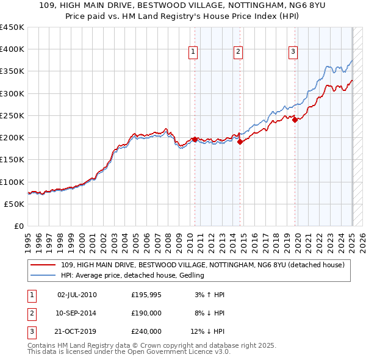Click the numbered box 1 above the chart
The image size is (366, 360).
click(193, 52)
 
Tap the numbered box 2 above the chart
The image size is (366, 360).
click(237, 52)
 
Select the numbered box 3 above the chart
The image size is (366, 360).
click(293, 52)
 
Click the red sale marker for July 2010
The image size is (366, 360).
click(195, 139)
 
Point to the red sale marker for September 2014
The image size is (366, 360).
click(240, 142)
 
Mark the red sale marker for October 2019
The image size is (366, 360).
click(295, 120)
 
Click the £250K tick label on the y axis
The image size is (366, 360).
click(12, 115)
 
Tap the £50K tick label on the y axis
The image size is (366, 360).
click(15, 204)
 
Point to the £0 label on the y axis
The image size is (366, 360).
click(20, 226)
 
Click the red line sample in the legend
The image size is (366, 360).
click(43, 265)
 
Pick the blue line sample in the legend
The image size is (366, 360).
click(43, 276)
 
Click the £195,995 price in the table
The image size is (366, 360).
click(147, 295)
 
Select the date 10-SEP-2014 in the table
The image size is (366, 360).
click(77, 314)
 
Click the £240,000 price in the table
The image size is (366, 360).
click(147, 332)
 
